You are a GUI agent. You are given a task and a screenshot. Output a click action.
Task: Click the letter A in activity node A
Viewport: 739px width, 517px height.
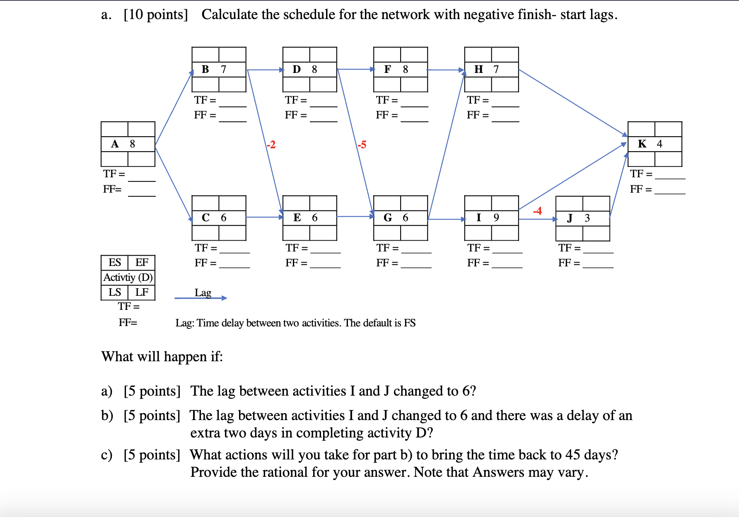[x=115, y=144]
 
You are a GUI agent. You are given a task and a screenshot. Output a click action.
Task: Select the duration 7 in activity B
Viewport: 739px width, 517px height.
[x=224, y=69]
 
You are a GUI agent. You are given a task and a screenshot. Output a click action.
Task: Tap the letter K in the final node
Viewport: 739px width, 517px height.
[x=642, y=144]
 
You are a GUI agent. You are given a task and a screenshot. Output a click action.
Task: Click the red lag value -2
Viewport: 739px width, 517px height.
[x=271, y=145]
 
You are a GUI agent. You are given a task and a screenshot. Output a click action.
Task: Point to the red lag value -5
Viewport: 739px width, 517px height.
[x=362, y=145]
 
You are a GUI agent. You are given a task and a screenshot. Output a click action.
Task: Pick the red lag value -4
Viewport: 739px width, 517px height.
[x=537, y=211]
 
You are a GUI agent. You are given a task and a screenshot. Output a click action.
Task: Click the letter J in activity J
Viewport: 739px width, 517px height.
[x=570, y=218]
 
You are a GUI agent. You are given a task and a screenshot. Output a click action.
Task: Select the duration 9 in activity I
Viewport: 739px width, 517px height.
[x=496, y=217]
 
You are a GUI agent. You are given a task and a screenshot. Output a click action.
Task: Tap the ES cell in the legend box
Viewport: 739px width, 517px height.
[x=115, y=262]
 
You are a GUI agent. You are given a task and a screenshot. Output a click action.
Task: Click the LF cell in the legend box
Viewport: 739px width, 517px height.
[x=142, y=292]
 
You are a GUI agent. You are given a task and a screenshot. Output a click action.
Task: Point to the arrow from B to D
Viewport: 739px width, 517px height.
[x=265, y=70]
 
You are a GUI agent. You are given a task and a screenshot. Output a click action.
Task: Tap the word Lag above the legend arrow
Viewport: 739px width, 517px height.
[x=203, y=292]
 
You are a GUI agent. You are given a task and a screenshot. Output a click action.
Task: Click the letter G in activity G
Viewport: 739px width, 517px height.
[x=388, y=217]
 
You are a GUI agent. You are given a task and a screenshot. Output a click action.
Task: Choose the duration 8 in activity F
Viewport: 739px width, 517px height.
[x=406, y=69]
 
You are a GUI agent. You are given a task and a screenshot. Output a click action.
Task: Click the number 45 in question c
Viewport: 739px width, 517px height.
[x=573, y=455]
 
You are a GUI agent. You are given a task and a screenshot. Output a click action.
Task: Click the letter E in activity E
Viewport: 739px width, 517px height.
[x=297, y=217]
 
